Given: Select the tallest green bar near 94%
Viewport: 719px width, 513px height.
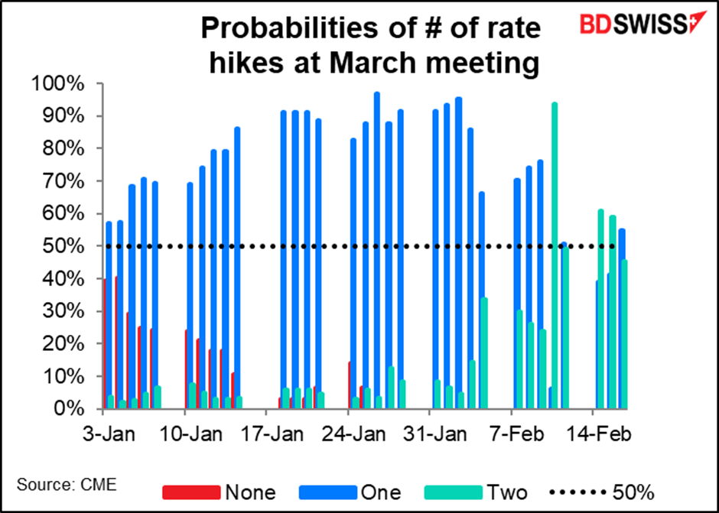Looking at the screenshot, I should [555, 252].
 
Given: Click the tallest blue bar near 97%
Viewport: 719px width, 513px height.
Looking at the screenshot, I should [377, 245].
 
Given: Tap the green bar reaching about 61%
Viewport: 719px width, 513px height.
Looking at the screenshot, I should [601, 306].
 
